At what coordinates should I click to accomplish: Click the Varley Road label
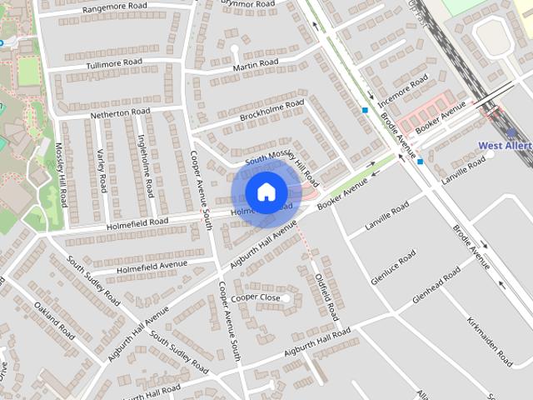coord(101,170)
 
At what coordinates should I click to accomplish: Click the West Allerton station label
coord(505,146)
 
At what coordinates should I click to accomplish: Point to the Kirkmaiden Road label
coord(490,341)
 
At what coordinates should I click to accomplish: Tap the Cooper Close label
coord(255,297)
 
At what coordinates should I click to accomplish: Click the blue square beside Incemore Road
coord(365,110)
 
